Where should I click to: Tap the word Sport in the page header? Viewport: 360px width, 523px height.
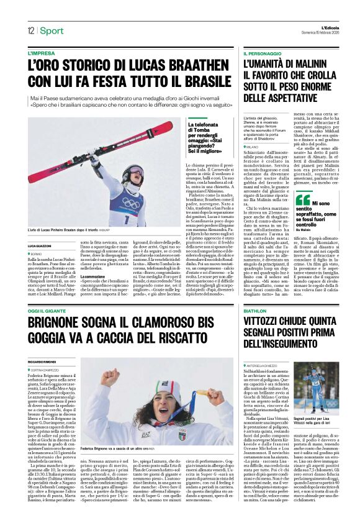(53, 30)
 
